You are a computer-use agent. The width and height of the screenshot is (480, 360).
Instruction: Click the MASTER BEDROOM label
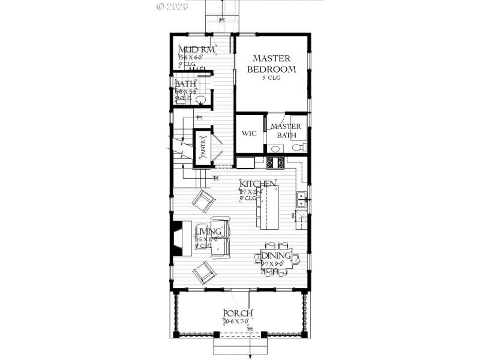click(x=271, y=64)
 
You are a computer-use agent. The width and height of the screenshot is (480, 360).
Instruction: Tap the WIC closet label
click(x=249, y=133)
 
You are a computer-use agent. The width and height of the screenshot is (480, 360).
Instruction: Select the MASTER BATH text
click(x=286, y=131)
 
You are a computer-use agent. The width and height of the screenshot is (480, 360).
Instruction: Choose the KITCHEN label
click(x=258, y=183)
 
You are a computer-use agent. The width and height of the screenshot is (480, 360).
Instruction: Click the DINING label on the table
click(x=276, y=256)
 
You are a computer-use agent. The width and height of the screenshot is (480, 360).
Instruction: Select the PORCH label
click(x=238, y=314)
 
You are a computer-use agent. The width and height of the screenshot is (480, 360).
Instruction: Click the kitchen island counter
click(x=269, y=207)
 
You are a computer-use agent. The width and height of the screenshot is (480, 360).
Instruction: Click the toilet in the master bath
click(x=303, y=148)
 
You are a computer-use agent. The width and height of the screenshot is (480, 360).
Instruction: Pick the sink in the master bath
click(x=275, y=148)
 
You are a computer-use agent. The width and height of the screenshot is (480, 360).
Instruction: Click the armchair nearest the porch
click(x=204, y=273)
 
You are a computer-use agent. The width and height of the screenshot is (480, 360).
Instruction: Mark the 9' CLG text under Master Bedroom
click(x=271, y=78)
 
